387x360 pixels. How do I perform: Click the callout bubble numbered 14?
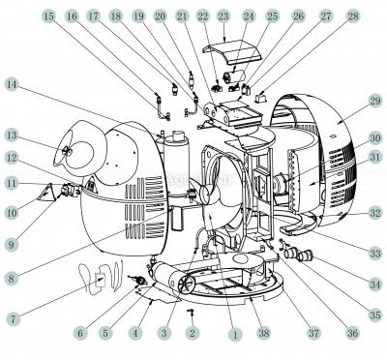pyautogui.click(x=12, y=85)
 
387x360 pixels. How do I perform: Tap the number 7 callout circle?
pyautogui.click(x=13, y=318)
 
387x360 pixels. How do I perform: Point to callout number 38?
pyautogui.click(x=263, y=334)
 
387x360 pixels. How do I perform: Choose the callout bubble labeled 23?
pyautogui.click(x=223, y=16)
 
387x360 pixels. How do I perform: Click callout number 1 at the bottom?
pyautogui.click(x=234, y=334)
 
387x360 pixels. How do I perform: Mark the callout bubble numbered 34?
pyautogui.click(x=375, y=285)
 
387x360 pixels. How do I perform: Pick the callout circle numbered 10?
pyautogui.click(x=12, y=212)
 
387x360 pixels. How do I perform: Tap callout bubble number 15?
pyautogui.click(x=49, y=16)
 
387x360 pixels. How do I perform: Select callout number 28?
pyautogui.click(x=353, y=16)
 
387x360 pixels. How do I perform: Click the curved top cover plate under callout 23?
pyautogui.click(x=231, y=52)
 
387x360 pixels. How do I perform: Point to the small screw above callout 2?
pyautogui.click(x=191, y=312)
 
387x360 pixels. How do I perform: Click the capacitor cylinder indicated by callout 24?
pyautogui.click(x=233, y=76)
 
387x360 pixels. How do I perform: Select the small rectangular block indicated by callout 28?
pyautogui.click(x=260, y=97)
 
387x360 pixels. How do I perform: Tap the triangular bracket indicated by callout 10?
pyautogui.click(x=45, y=192)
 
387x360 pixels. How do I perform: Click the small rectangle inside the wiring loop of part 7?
pyautogui.click(x=101, y=279)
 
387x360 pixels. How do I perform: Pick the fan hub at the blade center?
pyautogui.click(x=206, y=195)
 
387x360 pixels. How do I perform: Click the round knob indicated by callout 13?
pyautogui.click(x=66, y=151)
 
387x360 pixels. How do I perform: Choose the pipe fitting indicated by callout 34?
pyautogui.click(x=305, y=255)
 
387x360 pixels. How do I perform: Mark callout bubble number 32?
pyautogui.click(x=375, y=213)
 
